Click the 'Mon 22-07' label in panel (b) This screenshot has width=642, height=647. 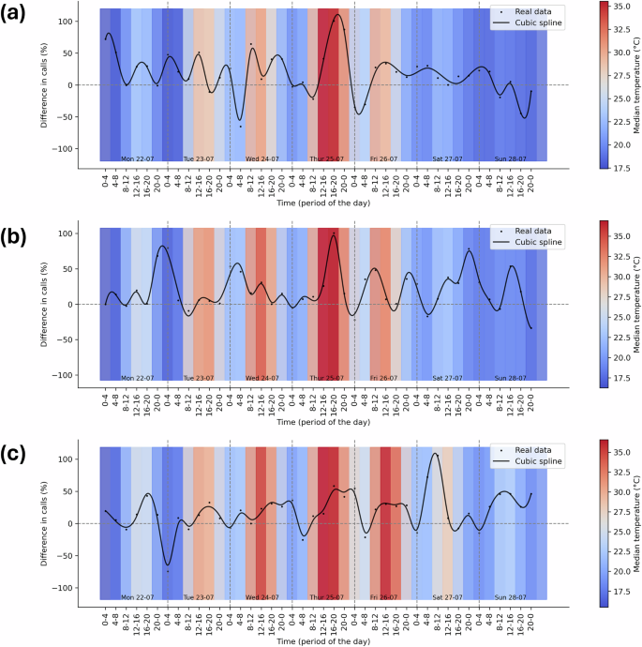click(x=138, y=378)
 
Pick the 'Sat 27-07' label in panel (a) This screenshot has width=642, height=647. click(x=447, y=158)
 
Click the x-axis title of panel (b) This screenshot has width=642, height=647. click(x=323, y=422)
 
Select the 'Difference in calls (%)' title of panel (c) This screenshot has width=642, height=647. click(x=44, y=523)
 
